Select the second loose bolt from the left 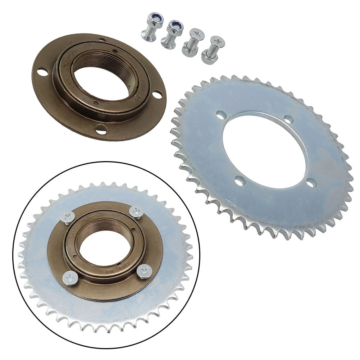point(172,34)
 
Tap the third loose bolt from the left point(193,42)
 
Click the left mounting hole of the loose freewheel point(42,72)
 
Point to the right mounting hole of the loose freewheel point(157,95)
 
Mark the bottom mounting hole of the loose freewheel point(101,129)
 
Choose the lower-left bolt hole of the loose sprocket point(240,181)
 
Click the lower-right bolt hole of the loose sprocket point(311,183)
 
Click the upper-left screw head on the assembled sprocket point(68,217)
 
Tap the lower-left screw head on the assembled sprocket point(70,278)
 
